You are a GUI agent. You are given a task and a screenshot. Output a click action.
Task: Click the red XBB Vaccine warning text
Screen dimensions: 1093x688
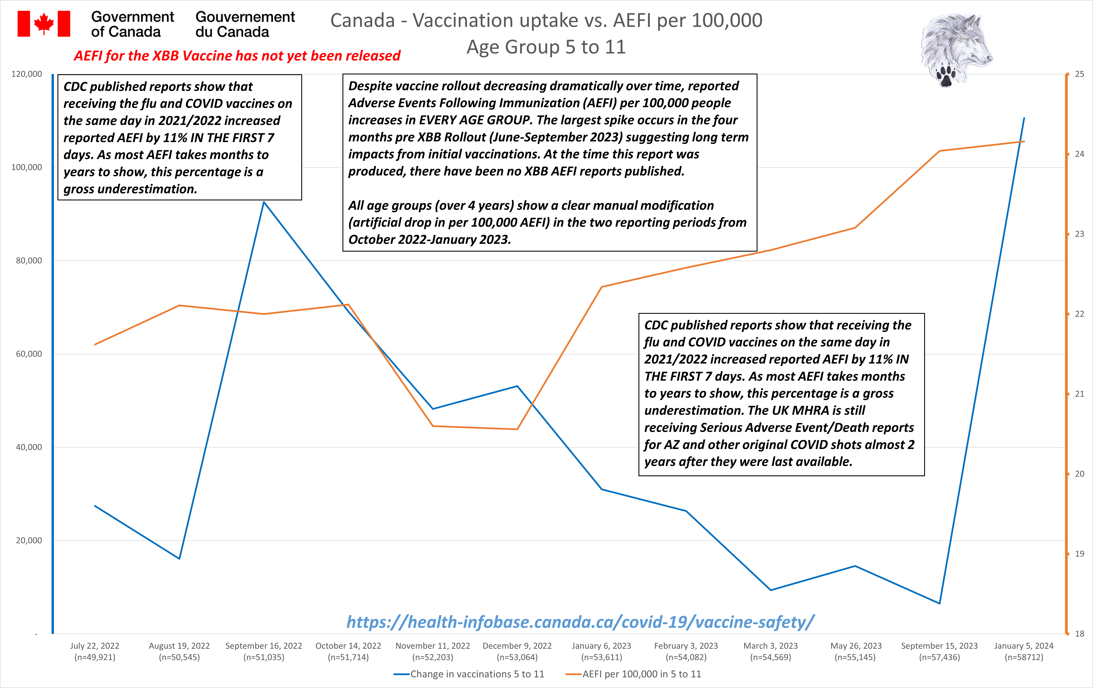point(237,56)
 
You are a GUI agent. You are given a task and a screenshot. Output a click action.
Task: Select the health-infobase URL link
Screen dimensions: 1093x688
point(580,622)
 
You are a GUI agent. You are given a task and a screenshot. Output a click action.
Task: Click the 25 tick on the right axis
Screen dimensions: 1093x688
point(1079,74)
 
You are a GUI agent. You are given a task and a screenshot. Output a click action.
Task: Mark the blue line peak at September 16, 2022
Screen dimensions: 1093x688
point(264,202)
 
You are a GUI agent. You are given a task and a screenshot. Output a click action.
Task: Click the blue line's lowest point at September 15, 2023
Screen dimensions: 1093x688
point(939,603)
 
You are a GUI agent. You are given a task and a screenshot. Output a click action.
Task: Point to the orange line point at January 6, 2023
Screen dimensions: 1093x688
point(601,287)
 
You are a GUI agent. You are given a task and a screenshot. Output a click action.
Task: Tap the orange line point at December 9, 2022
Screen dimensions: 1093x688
point(517,429)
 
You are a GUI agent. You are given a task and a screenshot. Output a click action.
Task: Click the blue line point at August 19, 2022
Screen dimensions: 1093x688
point(179,559)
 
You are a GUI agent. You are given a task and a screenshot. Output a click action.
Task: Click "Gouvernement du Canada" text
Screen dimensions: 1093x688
point(245,24)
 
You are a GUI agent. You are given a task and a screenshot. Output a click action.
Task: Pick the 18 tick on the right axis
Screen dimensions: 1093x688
point(1079,634)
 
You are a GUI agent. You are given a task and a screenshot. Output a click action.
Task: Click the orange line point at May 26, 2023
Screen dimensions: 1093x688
point(855,227)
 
